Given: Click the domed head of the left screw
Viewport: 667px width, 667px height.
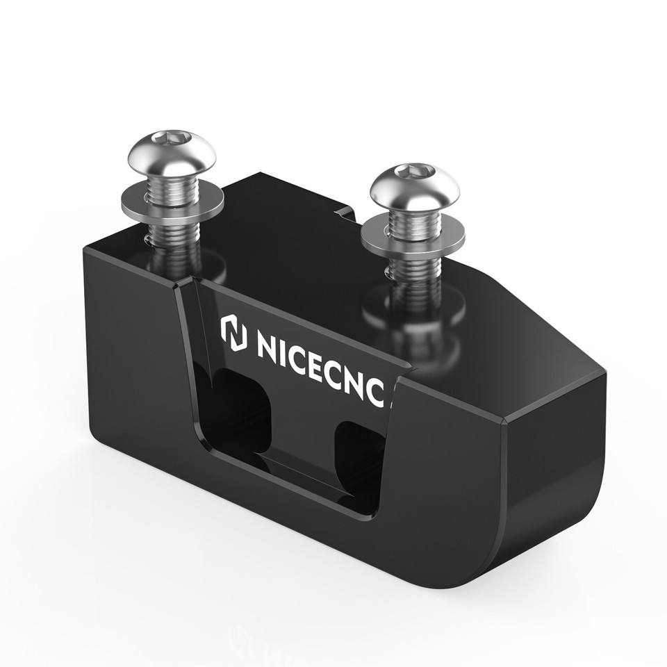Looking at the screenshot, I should click(172, 153).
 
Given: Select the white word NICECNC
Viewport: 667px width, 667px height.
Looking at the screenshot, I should click(320, 363).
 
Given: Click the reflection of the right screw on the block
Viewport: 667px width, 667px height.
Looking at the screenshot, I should click(417, 327).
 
